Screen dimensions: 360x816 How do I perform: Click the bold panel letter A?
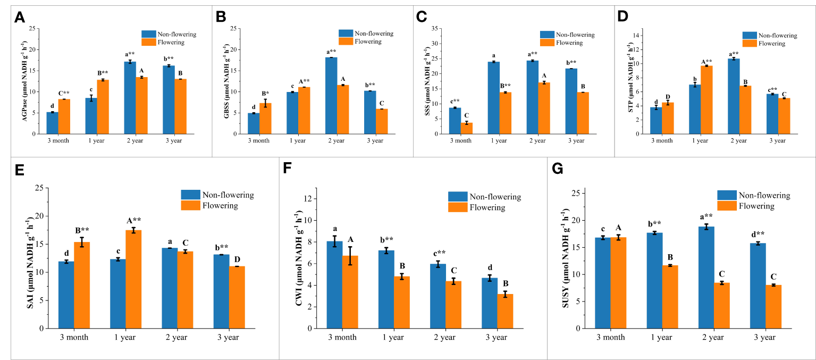pos(20,18)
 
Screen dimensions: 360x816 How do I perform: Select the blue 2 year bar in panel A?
pos(130,98)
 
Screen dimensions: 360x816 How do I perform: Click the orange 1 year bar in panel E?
pos(133,279)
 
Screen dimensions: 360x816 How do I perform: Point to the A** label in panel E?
pos(133,221)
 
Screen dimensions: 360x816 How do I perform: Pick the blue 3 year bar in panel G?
pos(756,286)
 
